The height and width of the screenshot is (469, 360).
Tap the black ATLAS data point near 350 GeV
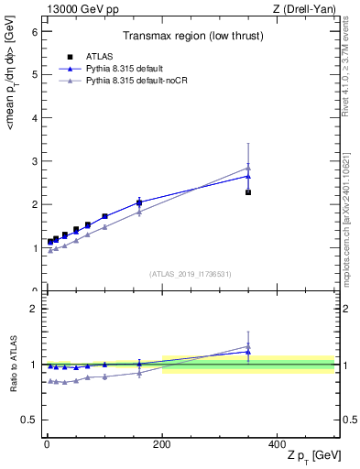click(248, 192)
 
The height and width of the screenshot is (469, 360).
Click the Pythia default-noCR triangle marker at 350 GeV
click(248, 168)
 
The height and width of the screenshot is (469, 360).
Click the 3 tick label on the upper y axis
click(34, 161)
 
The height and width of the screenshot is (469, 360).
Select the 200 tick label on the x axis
click(162, 443)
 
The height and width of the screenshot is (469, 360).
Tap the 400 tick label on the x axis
click(278, 443)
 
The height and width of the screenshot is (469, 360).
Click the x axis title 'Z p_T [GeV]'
click(311, 455)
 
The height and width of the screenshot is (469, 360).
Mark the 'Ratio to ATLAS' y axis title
click(12, 365)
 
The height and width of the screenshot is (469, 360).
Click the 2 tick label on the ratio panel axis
click(34, 309)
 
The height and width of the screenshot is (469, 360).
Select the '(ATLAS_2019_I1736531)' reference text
click(190, 273)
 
